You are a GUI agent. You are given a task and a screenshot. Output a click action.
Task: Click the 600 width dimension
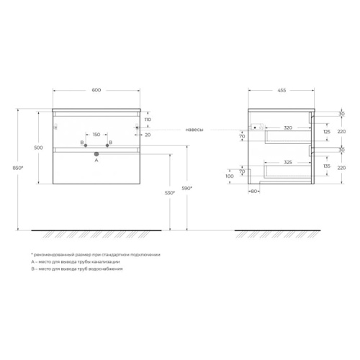tap(96, 90)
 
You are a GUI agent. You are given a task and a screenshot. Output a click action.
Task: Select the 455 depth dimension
tap(282, 91)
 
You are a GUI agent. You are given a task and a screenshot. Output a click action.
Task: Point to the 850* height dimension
tap(18, 168)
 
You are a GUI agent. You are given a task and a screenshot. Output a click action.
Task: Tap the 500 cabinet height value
tap(39, 148)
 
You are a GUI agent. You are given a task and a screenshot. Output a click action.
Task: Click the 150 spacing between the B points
tap(96, 135)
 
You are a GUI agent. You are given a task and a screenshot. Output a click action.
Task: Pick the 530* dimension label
tap(170, 193)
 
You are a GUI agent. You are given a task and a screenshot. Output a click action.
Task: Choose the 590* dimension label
tap(187, 189)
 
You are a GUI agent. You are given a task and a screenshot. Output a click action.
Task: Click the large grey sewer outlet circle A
tap(96, 154)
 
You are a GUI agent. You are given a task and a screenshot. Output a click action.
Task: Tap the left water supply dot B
tap(86, 145)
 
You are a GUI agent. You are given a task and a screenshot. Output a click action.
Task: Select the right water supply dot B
tap(107, 145)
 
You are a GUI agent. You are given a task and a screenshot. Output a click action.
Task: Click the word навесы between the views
tap(194, 130)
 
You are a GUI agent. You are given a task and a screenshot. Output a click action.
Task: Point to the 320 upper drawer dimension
tap(288, 127)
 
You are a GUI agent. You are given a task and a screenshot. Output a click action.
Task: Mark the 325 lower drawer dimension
tap(288, 163)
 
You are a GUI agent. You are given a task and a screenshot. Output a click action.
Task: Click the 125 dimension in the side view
tap(327, 132)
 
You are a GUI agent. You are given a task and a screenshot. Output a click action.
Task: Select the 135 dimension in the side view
tap(327, 166)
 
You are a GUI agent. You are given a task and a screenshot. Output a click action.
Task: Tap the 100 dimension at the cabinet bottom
tap(230, 176)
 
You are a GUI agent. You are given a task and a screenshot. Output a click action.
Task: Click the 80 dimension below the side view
tap(254, 192)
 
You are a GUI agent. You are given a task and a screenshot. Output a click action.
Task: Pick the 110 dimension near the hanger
tap(148, 120)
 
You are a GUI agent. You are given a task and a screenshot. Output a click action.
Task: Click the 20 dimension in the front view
tap(148, 135)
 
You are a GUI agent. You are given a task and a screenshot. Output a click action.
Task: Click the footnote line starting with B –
tap(77, 269)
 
